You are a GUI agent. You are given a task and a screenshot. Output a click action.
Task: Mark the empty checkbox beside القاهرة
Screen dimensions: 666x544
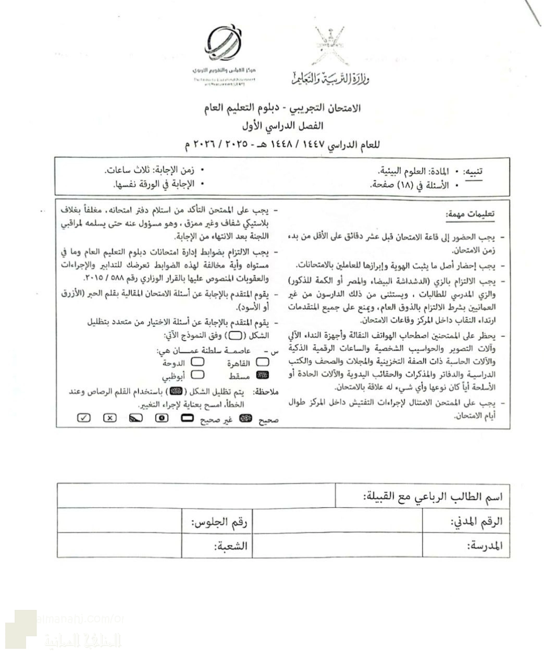point(263,363)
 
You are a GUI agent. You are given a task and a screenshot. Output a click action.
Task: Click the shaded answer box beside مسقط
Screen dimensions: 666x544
point(263,375)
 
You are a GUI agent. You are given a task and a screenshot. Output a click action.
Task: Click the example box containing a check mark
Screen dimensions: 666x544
point(83,418)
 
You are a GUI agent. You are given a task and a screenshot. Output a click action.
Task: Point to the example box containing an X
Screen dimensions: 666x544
point(109,418)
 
